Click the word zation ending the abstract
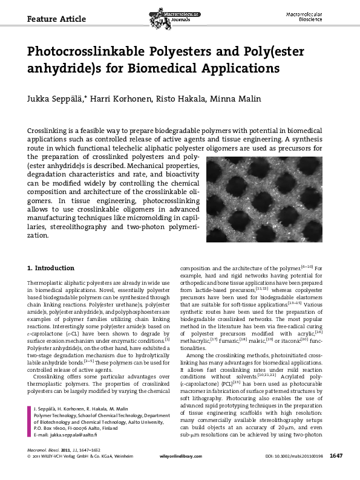pyautogui.click(x=39, y=235)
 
